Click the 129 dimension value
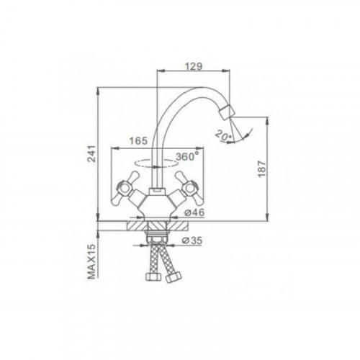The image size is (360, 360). [194, 66]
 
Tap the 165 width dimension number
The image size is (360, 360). [138, 141]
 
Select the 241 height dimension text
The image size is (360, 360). [91, 153]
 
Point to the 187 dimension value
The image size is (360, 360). [262, 168]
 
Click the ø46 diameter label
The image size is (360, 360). [194, 212]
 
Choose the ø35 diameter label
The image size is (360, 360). [192, 240]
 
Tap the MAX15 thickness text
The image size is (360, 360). [91, 261]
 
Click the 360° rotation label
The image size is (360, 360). [188, 157]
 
